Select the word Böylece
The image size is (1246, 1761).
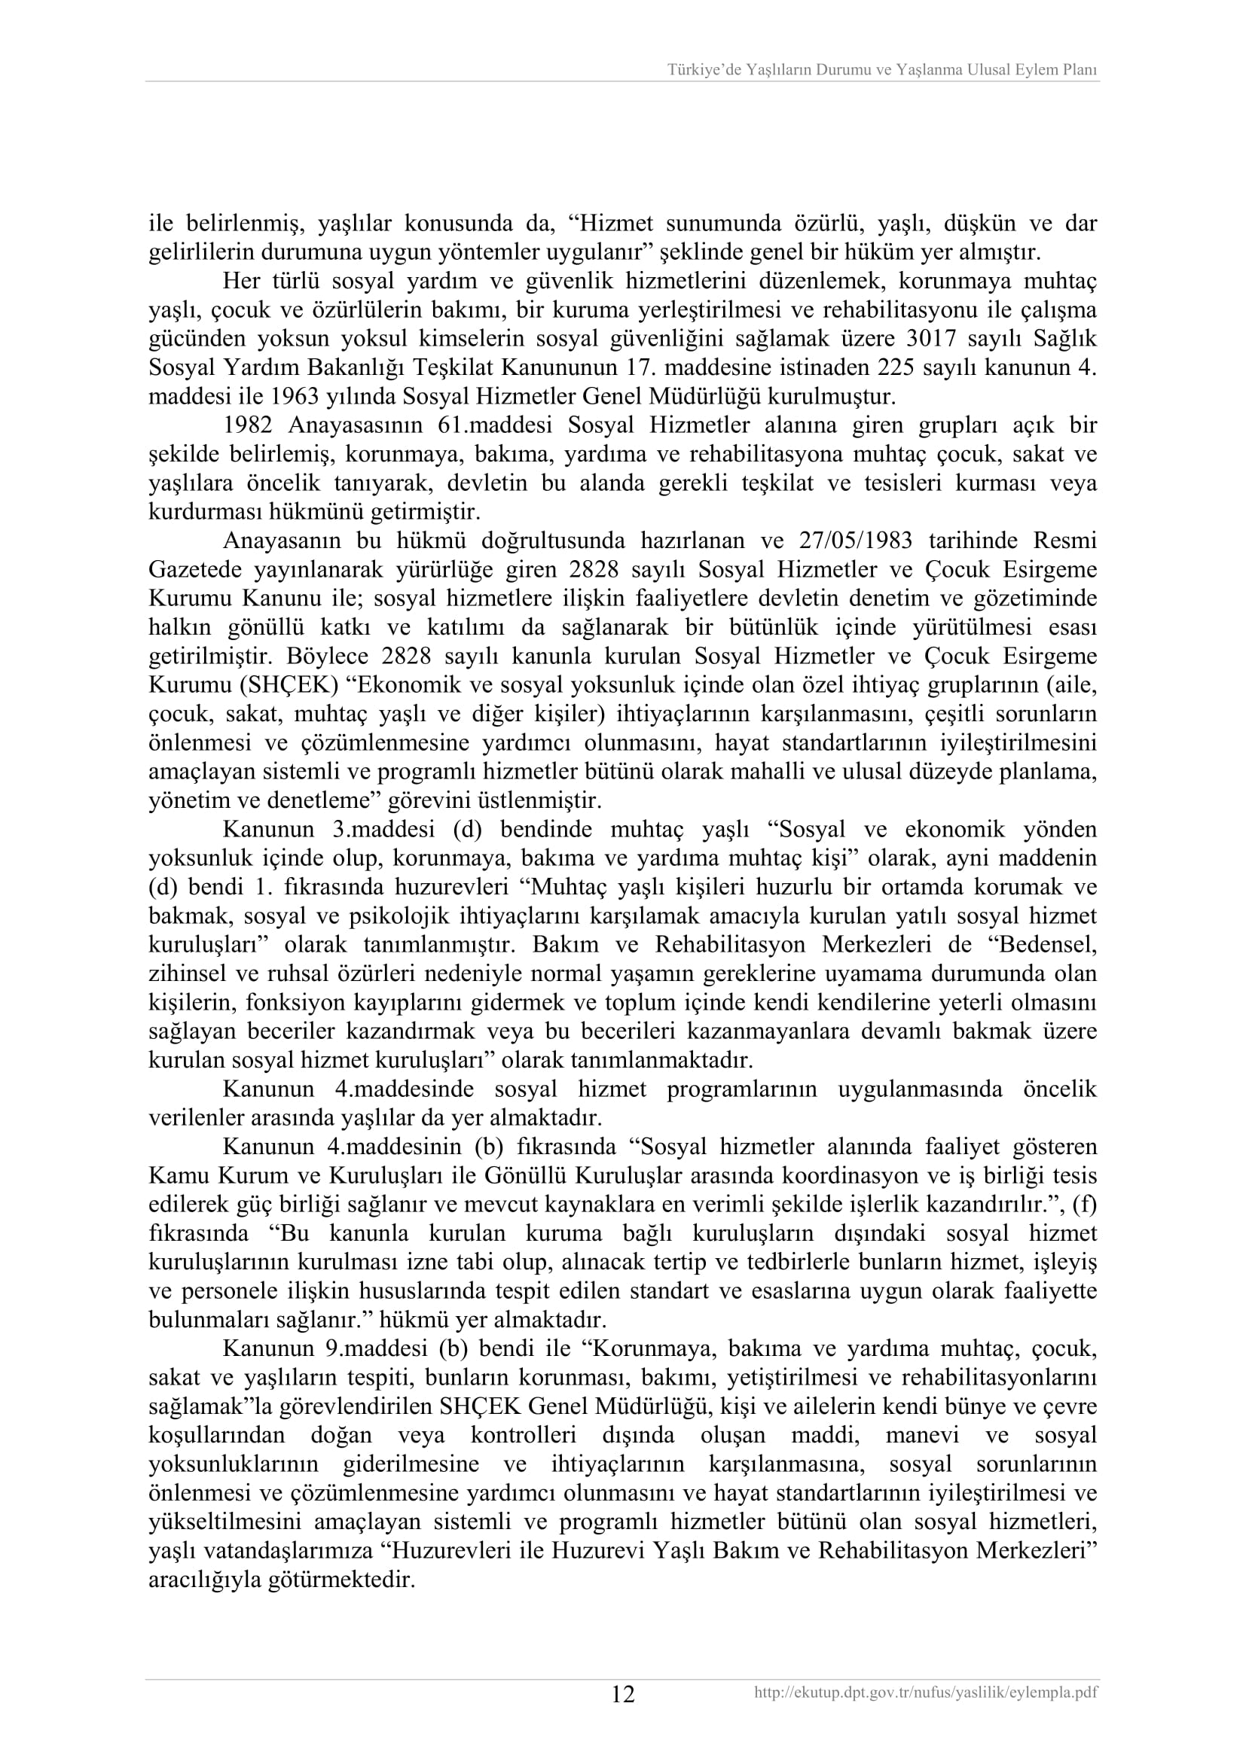tap(333, 657)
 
